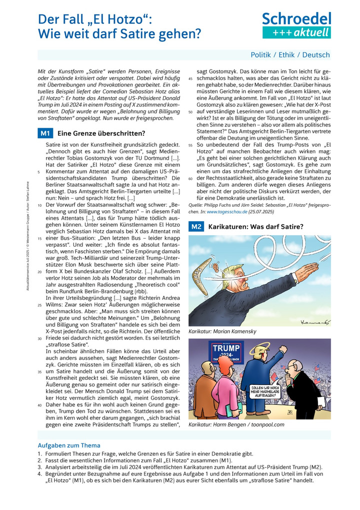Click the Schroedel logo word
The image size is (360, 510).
pos(296,19)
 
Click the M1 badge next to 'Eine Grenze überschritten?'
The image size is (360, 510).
pos(45,134)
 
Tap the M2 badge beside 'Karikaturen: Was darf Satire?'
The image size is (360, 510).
pos(196,227)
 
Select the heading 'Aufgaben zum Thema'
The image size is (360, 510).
pos(69,445)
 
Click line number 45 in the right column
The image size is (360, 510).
pos(190,80)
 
